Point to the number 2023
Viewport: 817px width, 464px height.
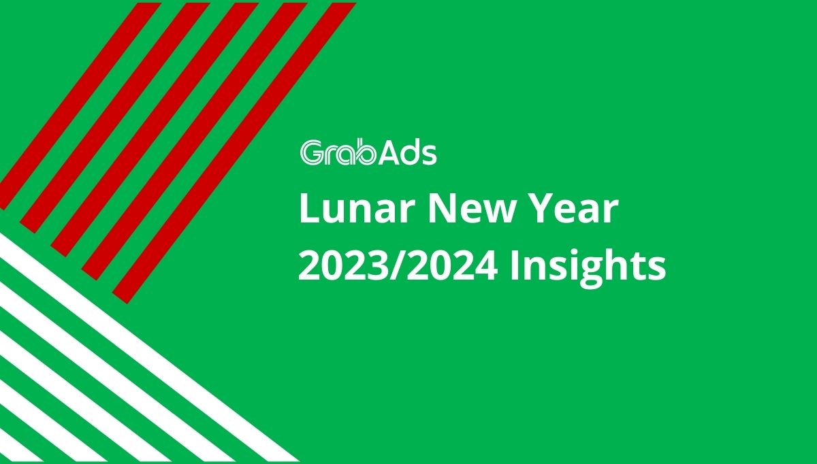click(x=344, y=267)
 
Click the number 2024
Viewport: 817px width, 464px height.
click(x=452, y=267)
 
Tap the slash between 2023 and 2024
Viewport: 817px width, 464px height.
click(x=398, y=267)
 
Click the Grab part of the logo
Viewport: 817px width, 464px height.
click(x=338, y=152)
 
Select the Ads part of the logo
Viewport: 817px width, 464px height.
click(x=407, y=152)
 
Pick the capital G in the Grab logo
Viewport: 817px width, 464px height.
click(x=312, y=152)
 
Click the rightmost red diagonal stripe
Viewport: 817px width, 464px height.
click(x=234, y=153)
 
